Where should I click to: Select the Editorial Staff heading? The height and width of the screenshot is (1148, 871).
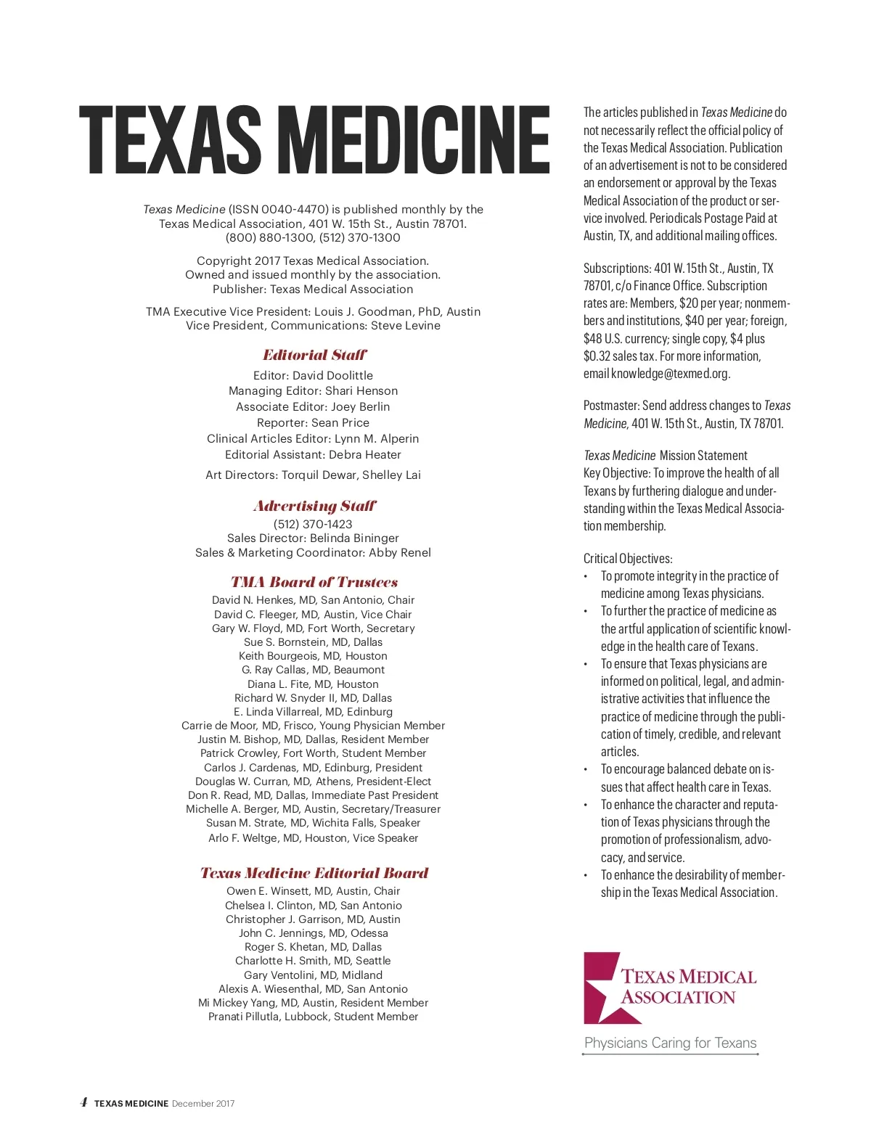314,355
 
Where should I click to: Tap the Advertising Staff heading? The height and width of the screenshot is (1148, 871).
314,506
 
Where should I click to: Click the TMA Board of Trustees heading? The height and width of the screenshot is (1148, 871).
314,582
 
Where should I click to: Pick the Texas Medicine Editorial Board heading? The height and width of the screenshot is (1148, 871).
314,873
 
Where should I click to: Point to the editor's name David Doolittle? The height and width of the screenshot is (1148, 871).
332,375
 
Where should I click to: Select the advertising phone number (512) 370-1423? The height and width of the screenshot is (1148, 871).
313,524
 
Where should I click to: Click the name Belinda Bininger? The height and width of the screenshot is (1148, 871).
354,538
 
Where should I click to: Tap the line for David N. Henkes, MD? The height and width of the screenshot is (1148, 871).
313,600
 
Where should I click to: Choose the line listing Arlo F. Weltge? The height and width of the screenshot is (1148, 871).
313,838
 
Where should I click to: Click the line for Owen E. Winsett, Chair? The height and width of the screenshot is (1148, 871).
313,891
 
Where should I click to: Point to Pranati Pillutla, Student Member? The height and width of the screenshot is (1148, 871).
313,1017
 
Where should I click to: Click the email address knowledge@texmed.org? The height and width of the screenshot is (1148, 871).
670,374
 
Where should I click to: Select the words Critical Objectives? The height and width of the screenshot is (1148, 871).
628,559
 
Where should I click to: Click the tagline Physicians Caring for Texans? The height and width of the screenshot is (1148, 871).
670,1043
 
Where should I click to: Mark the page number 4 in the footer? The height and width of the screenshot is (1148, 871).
83,1102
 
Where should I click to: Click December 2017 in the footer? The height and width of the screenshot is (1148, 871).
203,1104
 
